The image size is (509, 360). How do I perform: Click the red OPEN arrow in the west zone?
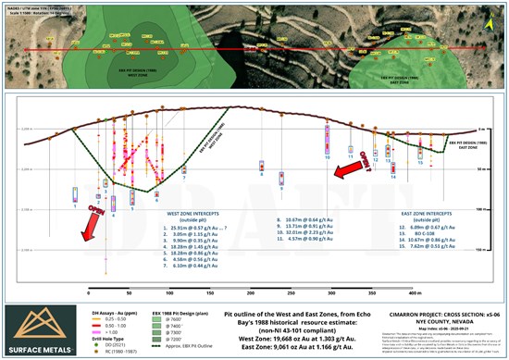pyautogui.click(x=90, y=223)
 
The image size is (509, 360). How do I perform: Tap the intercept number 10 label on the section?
pyautogui.click(x=327, y=156)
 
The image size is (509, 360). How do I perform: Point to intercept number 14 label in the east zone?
pyautogui.click(x=392, y=179)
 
